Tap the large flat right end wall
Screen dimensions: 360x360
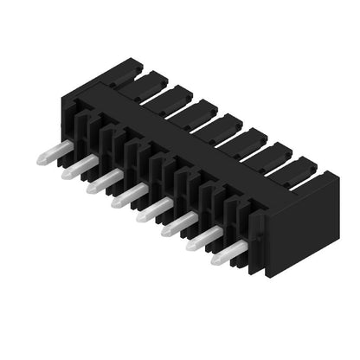[x=303, y=225]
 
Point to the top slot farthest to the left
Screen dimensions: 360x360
[x=143, y=82]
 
